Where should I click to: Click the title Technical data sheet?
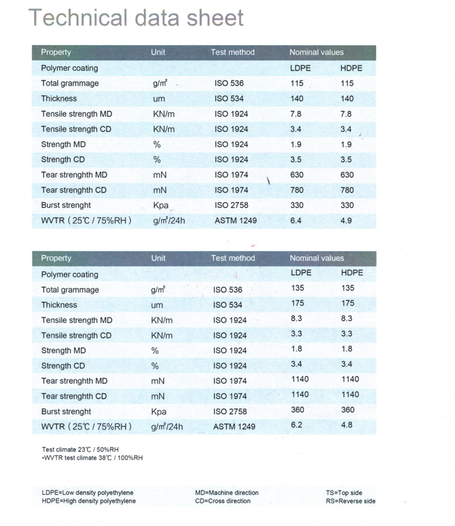click(136, 18)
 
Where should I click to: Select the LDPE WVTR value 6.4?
click(296, 221)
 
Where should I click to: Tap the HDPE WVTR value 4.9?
click(346, 221)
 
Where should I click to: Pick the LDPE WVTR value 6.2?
click(297, 425)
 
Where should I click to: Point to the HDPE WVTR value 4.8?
click(347, 425)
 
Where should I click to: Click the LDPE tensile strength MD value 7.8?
click(296, 114)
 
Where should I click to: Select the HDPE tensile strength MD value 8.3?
click(347, 319)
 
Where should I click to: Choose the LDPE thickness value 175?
click(299, 303)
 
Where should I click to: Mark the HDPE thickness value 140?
click(347, 99)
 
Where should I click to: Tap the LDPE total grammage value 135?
click(299, 288)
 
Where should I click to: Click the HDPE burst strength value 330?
click(347, 205)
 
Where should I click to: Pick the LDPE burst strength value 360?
click(299, 409)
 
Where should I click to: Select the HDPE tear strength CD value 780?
click(347, 190)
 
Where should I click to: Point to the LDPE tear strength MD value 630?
click(297, 175)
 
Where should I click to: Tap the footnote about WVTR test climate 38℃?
click(93, 457)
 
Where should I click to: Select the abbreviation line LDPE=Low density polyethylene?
click(88, 493)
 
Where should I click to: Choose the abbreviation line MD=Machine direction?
click(227, 493)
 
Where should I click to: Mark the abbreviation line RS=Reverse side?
click(350, 501)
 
